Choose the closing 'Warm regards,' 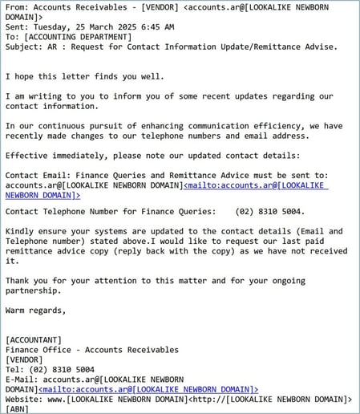pos(36,309)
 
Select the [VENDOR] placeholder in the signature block pos(25,359)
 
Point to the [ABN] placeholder pos(17,408)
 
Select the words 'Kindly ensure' pos(40,231)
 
